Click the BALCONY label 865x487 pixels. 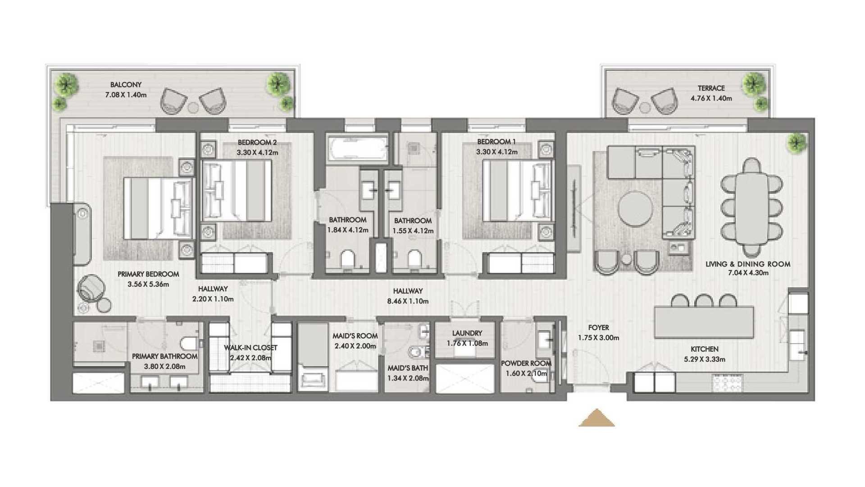(x=126, y=84)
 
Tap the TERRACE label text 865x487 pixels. (x=711, y=88)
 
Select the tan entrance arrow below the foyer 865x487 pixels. (x=596, y=418)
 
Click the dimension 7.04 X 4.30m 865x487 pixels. (x=748, y=273)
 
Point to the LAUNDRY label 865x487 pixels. (x=467, y=333)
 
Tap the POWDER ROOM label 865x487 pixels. (x=526, y=363)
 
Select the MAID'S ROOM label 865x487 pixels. (x=355, y=336)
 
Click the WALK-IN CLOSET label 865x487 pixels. (x=250, y=348)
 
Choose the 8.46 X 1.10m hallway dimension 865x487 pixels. (x=408, y=301)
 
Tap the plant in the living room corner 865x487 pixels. (x=798, y=143)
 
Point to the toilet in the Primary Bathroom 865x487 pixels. (x=189, y=343)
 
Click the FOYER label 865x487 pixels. (x=598, y=328)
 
